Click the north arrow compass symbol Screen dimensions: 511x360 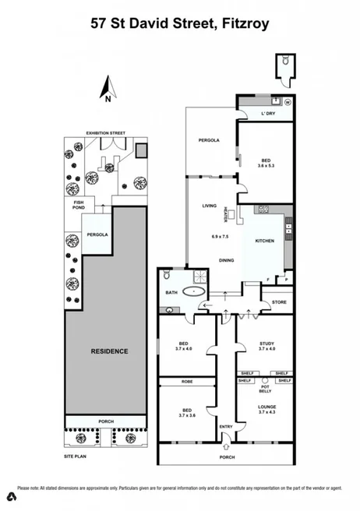109,87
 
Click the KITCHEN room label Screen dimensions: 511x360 265,241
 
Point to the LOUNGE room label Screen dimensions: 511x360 266,407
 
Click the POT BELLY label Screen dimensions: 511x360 265,389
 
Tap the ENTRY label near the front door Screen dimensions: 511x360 226,426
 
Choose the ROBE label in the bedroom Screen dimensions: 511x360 186,382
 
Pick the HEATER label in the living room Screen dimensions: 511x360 225,212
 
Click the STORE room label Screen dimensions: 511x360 279,302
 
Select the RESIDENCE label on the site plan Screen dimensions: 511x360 110,351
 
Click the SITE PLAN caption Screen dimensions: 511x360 76,455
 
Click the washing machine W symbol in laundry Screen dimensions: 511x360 287,102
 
